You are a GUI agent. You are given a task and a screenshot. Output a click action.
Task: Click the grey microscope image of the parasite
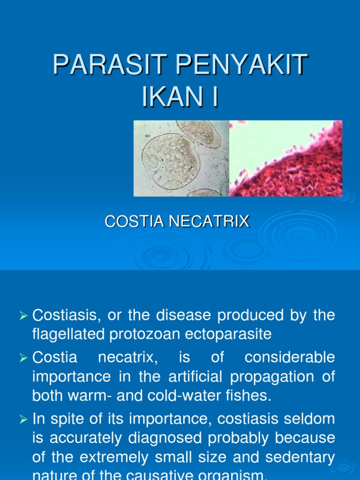click(x=181, y=158)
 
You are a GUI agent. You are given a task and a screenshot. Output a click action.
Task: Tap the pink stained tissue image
click(x=286, y=158)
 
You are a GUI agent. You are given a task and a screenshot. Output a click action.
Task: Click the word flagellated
click(x=64, y=334)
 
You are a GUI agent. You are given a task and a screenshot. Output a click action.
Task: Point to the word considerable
click(x=290, y=358)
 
